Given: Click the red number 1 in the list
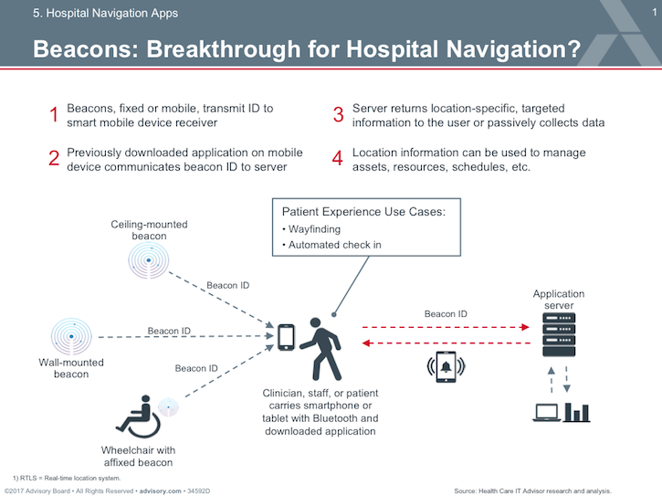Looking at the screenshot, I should click(54, 115).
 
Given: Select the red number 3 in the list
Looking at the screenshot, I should click(338, 115).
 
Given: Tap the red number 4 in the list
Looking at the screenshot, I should click(338, 159).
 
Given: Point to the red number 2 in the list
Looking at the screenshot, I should click(54, 159).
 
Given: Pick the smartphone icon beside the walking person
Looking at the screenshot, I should click(287, 337).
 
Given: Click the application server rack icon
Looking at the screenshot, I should click(558, 333).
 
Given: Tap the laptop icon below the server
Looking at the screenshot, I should click(546, 413).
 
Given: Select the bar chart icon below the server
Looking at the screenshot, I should click(576, 412).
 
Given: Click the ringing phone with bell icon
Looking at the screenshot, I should click(447, 366).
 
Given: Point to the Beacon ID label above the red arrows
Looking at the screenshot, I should click(447, 314).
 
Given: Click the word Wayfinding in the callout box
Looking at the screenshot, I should click(315, 229).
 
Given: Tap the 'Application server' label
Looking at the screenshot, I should click(559, 300).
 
